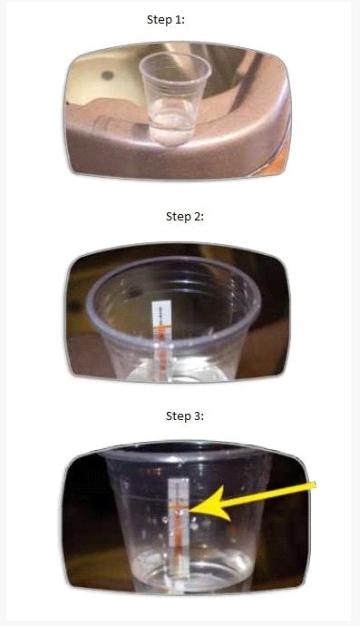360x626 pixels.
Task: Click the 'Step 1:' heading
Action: click(x=166, y=20)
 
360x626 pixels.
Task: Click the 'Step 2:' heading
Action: click(x=184, y=217)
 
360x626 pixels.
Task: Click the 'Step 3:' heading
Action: click(x=184, y=416)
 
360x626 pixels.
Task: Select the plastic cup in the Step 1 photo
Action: click(x=175, y=98)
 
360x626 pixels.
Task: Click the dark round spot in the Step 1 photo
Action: click(x=107, y=74)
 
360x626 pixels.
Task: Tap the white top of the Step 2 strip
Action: click(x=162, y=312)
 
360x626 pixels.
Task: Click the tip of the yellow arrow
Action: click(x=190, y=510)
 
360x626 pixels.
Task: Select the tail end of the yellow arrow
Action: click(x=314, y=485)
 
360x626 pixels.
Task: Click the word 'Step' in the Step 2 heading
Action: click(x=177, y=217)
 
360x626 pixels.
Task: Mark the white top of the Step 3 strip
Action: click(x=179, y=490)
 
